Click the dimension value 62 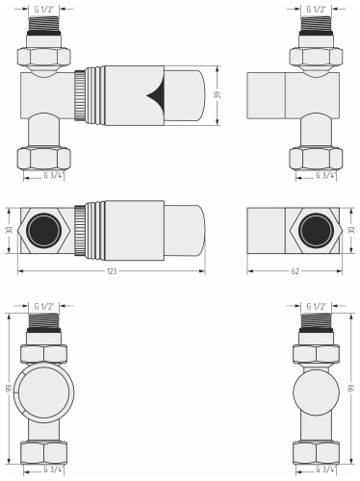293,272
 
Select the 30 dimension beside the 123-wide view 9,231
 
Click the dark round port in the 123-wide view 42,231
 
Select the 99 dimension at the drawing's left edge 9,388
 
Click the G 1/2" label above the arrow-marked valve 44,8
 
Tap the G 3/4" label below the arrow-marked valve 55,175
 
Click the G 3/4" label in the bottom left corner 55,468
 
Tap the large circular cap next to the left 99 44,389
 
